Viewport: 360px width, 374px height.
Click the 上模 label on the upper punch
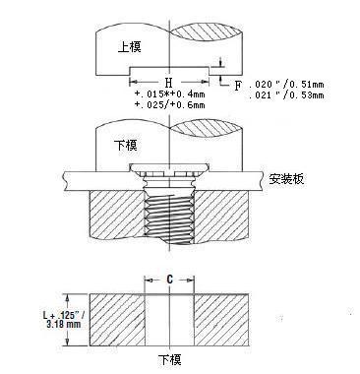point(129,46)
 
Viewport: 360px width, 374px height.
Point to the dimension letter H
point(169,83)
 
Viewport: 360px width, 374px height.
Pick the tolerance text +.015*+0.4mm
point(169,94)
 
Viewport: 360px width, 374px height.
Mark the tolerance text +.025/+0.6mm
point(169,105)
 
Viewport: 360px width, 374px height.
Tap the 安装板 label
point(286,180)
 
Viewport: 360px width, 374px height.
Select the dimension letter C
point(170,280)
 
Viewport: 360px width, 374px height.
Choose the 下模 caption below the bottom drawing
point(170,361)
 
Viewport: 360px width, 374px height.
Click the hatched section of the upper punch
point(207,49)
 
